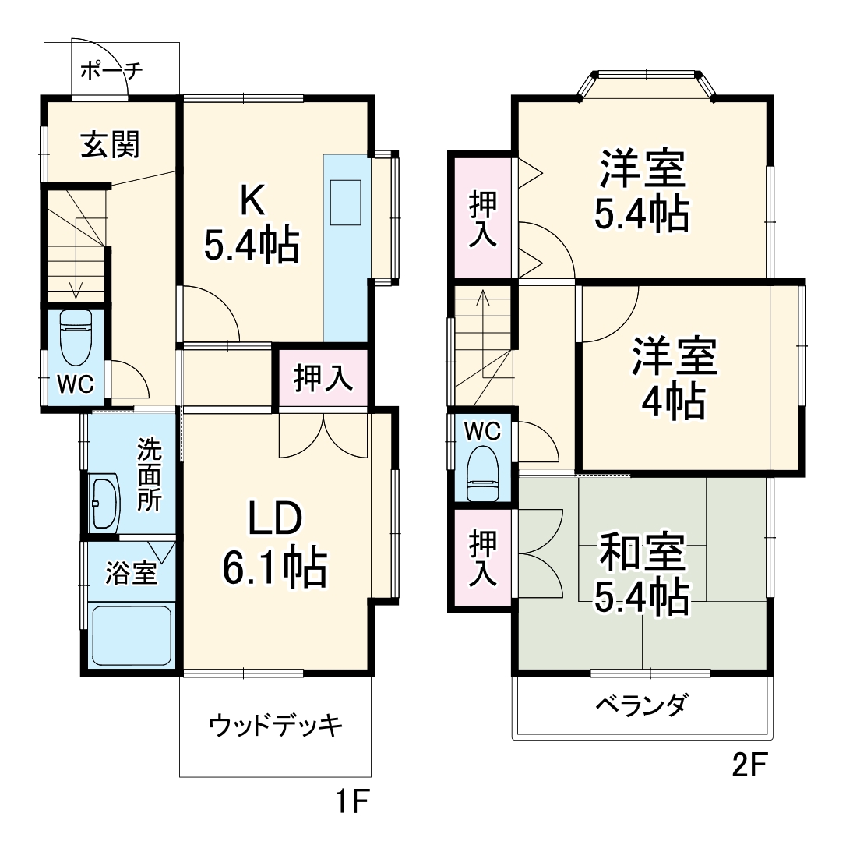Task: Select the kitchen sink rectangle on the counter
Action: tap(345, 202)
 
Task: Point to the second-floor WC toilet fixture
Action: tap(483, 473)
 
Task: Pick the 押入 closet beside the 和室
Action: tap(482, 558)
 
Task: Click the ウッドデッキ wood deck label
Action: tap(275, 726)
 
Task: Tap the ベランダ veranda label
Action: tap(643, 705)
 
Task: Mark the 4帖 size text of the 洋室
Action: tap(673, 401)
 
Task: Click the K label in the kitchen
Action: tap(252, 201)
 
